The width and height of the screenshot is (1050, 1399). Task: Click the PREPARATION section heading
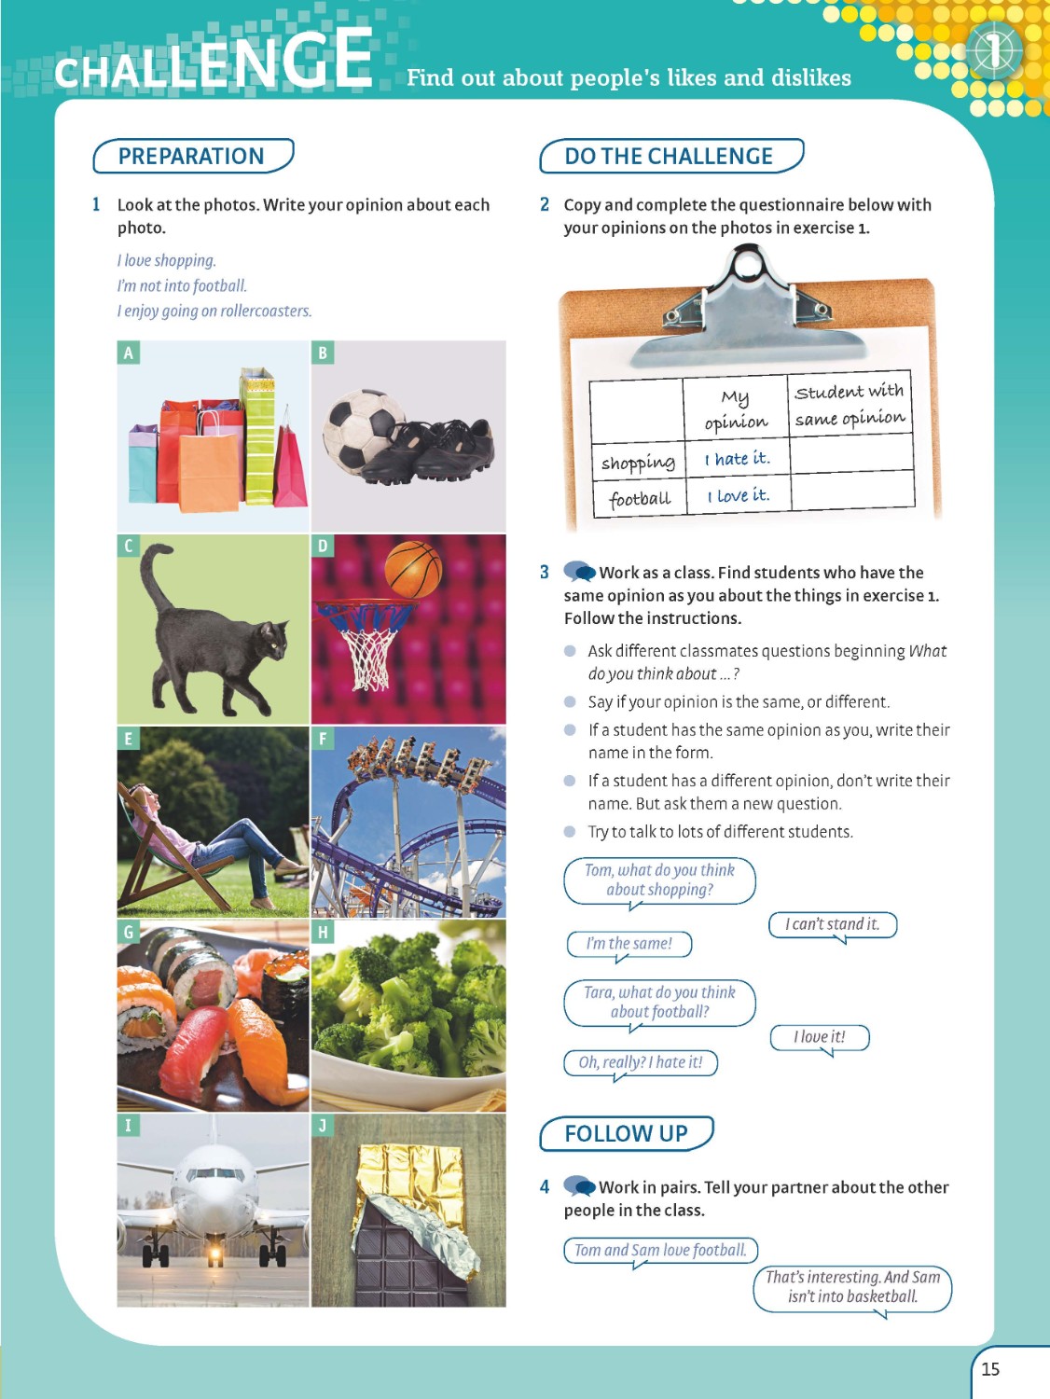191,156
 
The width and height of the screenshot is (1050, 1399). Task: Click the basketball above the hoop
412,568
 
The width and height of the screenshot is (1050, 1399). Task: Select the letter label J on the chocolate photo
323,1125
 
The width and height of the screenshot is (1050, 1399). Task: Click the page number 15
990,1368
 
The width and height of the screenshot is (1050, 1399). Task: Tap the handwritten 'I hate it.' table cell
737,459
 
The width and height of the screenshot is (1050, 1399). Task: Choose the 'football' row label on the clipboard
640,499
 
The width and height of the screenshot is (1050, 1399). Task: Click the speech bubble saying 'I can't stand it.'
832,924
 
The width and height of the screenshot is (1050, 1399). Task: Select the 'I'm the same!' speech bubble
629,944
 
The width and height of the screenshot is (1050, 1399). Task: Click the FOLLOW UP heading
626,1133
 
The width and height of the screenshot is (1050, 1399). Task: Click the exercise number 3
545,572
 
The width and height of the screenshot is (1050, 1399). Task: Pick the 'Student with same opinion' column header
850,404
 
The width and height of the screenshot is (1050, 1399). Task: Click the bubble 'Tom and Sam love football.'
660,1250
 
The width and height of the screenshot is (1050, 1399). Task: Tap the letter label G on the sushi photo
129,932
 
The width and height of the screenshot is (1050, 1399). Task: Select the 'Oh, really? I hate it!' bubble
641,1062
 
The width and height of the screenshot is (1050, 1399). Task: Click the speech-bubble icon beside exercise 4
579,1186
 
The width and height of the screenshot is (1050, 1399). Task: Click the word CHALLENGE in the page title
214,63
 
